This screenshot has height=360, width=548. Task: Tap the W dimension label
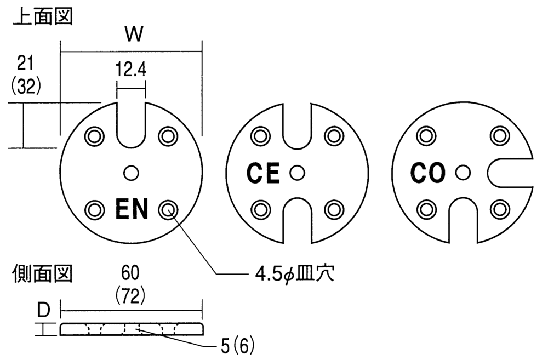point(133,35)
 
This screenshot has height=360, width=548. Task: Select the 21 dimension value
point(24,64)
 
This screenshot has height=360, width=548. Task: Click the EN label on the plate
point(132,209)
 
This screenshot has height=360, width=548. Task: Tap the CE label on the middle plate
point(263,174)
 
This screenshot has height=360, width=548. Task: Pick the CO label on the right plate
point(429,174)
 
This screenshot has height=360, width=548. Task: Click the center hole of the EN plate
point(131,173)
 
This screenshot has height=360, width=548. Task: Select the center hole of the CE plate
point(297,173)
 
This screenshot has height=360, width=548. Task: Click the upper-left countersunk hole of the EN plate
point(95,135)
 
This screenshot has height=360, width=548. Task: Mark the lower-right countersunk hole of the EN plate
point(167,209)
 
